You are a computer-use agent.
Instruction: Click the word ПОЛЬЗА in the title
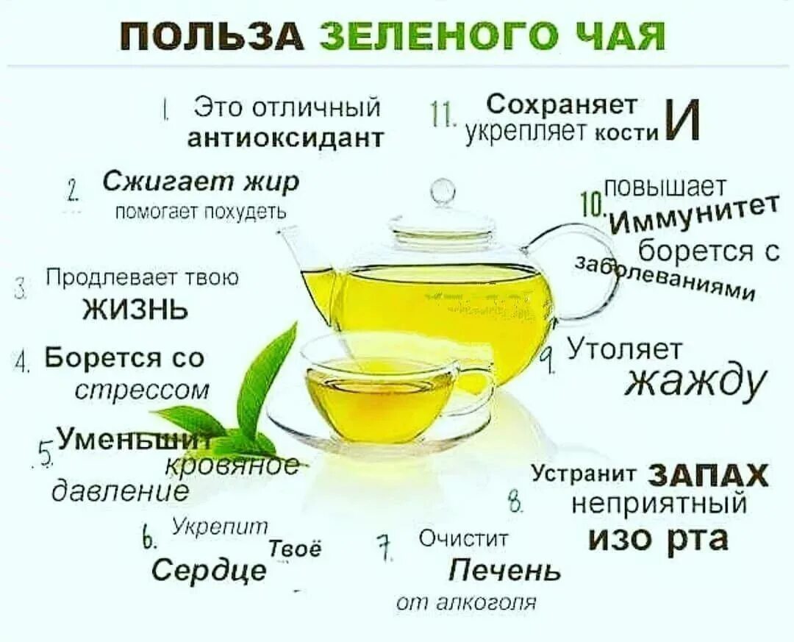(x=212, y=36)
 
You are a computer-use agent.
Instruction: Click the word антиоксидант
(x=286, y=138)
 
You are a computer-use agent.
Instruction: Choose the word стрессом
(x=143, y=388)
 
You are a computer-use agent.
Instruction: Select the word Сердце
(x=209, y=568)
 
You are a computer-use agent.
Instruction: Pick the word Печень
(x=505, y=569)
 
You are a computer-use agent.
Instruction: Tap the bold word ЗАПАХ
(x=709, y=477)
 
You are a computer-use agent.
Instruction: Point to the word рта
(x=697, y=539)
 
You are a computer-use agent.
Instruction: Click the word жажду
(x=696, y=382)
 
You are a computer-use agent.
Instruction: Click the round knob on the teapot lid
(x=443, y=191)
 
